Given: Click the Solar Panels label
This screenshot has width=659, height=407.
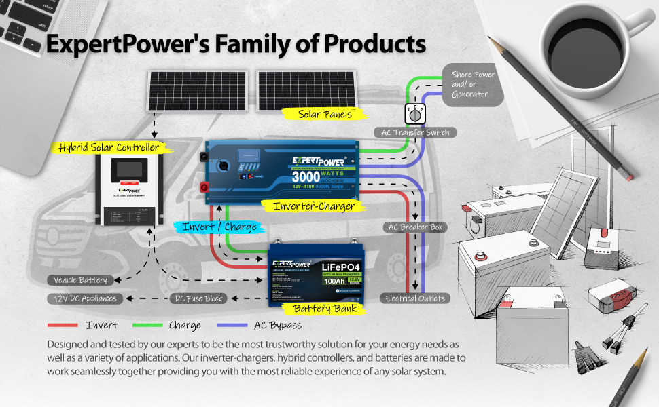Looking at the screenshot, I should pyautogui.click(x=325, y=114).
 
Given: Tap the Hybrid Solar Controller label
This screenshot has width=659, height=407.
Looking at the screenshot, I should pyautogui.click(x=109, y=147).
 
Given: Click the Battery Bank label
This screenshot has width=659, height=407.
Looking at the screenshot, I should pyautogui.click(x=325, y=309).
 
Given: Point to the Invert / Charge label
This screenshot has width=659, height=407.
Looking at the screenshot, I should pyautogui.click(x=219, y=227).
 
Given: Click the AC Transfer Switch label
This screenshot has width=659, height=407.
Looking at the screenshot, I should pyautogui.click(x=414, y=132).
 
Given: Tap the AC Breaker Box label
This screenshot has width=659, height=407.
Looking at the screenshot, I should pyautogui.click(x=414, y=227).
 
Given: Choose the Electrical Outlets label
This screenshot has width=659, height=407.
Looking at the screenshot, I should pyautogui.click(x=415, y=298).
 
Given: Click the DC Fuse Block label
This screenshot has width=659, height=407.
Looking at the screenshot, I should pyautogui.click(x=198, y=298).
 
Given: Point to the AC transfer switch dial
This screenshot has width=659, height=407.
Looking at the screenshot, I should pyautogui.click(x=414, y=113).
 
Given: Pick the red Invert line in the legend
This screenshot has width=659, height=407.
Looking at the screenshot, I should pyautogui.click(x=64, y=325).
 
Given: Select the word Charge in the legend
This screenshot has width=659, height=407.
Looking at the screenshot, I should pyautogui.click(x=185, y=325).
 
